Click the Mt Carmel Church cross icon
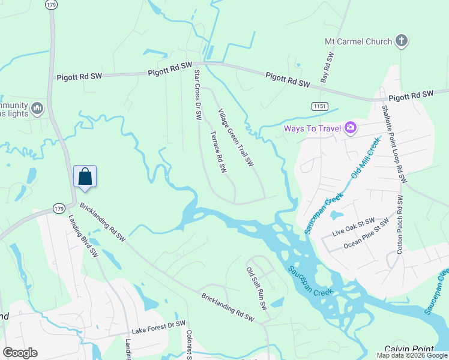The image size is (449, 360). point(402,41)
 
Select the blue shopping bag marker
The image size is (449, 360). point(85,177)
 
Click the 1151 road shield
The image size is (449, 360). point(319,106)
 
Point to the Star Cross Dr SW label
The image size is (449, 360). point(196,95)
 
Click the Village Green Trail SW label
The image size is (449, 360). point(236,139)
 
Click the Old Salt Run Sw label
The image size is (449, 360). point(256,289)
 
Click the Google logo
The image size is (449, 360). point(20,353)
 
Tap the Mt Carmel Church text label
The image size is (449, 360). point(358,41)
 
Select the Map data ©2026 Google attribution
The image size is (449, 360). point(412,355)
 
